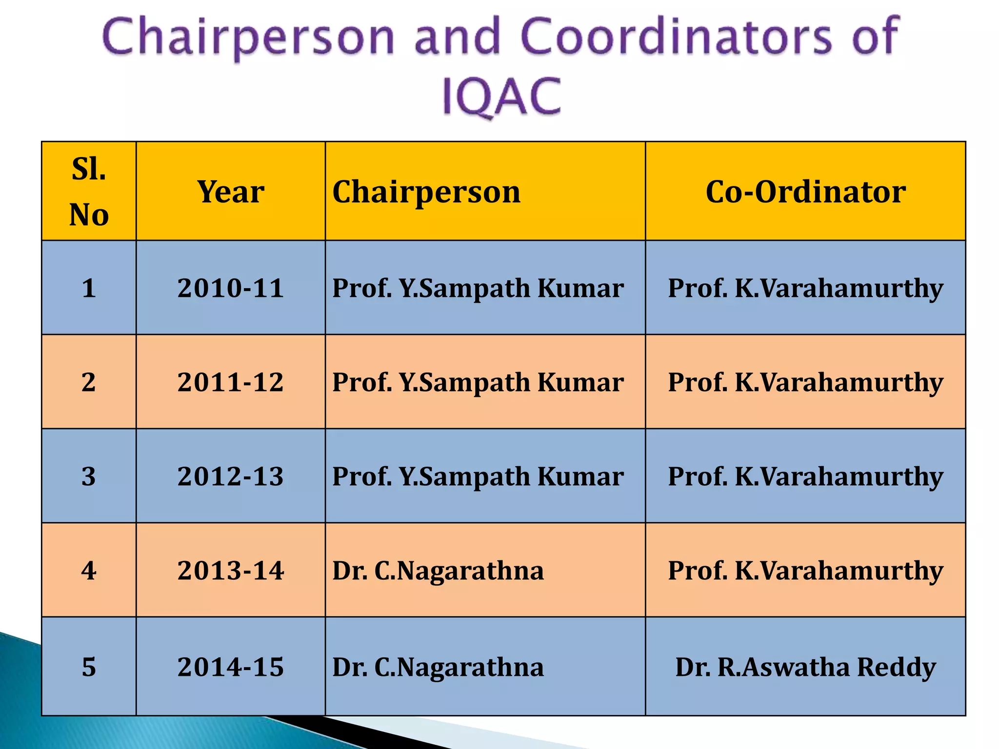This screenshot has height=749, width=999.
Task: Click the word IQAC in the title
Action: point(501,96)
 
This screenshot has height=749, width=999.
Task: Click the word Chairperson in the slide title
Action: point(248,37)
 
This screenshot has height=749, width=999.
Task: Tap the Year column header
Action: point(230,191)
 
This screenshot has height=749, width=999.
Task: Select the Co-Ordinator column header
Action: point(805,191)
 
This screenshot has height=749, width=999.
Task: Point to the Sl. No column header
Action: point(89,191)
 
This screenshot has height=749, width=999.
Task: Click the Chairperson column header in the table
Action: point(426,191)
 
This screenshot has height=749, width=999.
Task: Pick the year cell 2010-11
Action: point(230,288)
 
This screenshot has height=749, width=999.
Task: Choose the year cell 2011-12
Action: point(230,382)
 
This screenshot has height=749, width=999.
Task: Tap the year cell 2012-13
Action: point(230,476)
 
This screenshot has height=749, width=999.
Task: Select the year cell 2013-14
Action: point(230,570)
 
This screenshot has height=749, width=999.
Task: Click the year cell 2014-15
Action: point(230,667)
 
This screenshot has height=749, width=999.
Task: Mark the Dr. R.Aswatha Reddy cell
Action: point(805,667)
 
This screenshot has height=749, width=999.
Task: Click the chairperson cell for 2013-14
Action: point(438,570)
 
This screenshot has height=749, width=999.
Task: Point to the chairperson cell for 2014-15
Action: point(438,667)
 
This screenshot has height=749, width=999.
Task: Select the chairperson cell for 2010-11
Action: point(478,288)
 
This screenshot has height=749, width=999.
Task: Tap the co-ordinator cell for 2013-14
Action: point(805,570)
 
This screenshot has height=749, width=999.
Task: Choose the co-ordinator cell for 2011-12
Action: point(805,382)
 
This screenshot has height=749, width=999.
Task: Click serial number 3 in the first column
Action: point(89,476)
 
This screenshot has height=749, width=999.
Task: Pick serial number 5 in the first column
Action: point(89,667)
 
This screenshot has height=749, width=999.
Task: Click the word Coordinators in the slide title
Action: point(676,37)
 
